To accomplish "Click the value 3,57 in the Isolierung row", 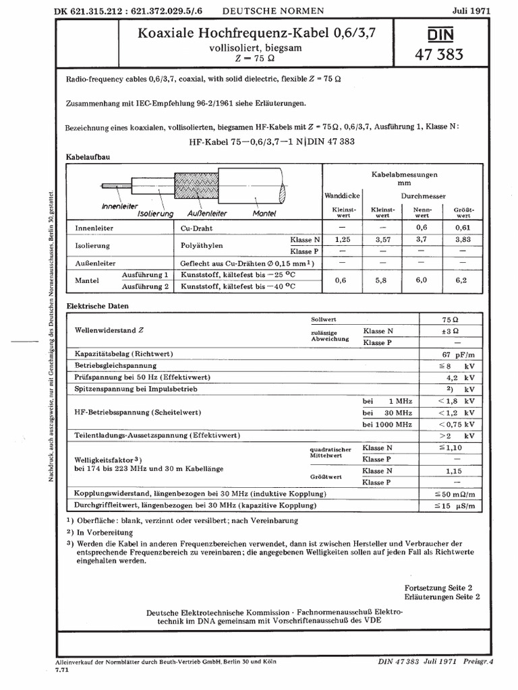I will [x=382, y=239].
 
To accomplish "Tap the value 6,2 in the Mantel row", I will [x=462, y=281].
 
